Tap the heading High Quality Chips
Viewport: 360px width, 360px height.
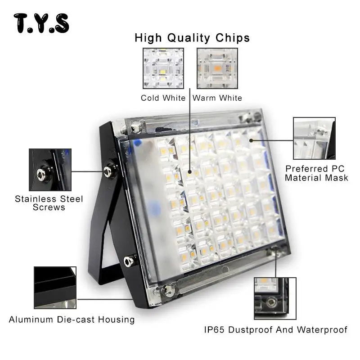point(192,37)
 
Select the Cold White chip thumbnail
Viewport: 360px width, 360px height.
point(163,68)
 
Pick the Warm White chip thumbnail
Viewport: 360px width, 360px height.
point(217,68)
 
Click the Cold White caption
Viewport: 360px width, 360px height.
point(163,98)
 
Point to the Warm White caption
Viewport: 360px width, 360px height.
point(217,98)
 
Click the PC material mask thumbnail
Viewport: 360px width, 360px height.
point(314,139)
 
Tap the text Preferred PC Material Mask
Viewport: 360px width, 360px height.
point(316,173)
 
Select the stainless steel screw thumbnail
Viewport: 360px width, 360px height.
point(50,170)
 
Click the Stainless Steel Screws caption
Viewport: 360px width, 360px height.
point(49,203)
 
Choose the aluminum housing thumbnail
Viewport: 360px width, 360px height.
point(55,288)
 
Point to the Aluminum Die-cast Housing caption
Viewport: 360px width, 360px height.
point(72,320)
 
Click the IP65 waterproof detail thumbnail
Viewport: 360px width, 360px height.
point(275,298)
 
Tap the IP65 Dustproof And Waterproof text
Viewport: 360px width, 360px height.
point(276,330)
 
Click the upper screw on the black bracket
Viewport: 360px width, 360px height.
point(108,171)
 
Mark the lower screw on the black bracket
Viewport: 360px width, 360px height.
point(129,260)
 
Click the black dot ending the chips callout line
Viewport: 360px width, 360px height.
point(190,171)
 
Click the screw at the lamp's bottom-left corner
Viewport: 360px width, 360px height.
point(167,290)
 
